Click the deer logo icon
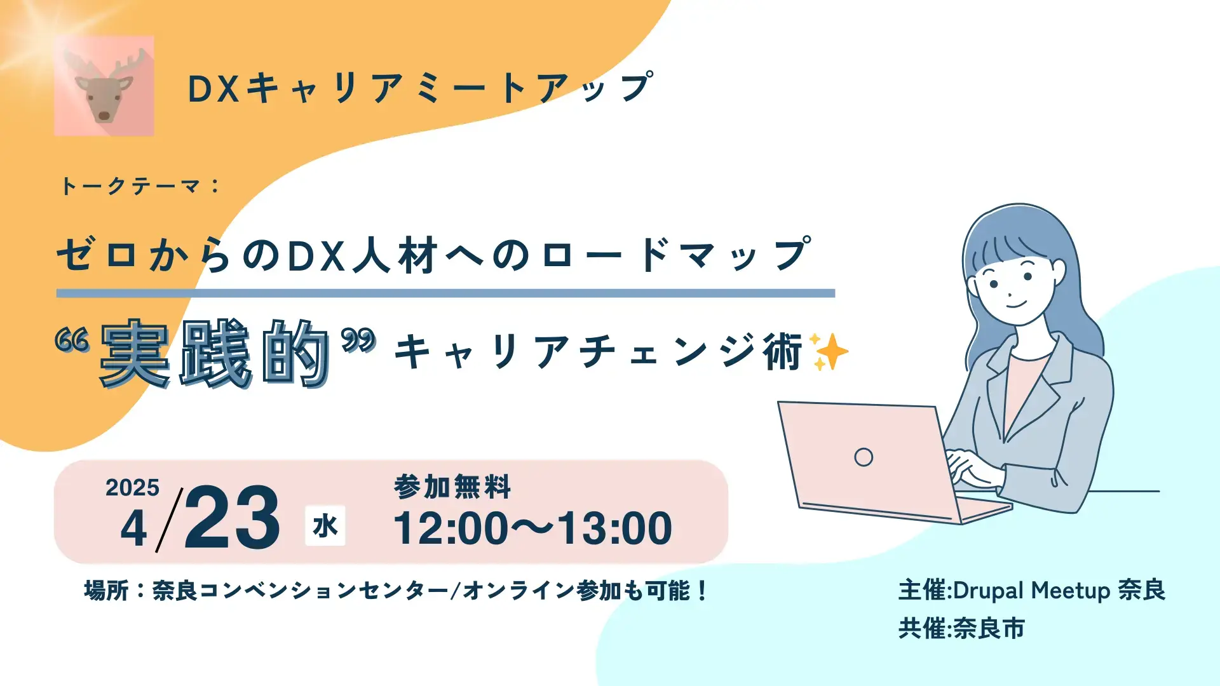104,86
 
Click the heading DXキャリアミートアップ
419,88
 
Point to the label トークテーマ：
140,186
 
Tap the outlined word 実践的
215,353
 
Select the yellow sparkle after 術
829,351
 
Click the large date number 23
232,518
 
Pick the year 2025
132,488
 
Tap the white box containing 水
325,526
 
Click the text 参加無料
452,487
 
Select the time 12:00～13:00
532,528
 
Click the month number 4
133,529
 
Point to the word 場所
106,591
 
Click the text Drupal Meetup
1031,591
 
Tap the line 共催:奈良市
961,629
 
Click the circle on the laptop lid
864,457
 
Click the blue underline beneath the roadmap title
445,293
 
